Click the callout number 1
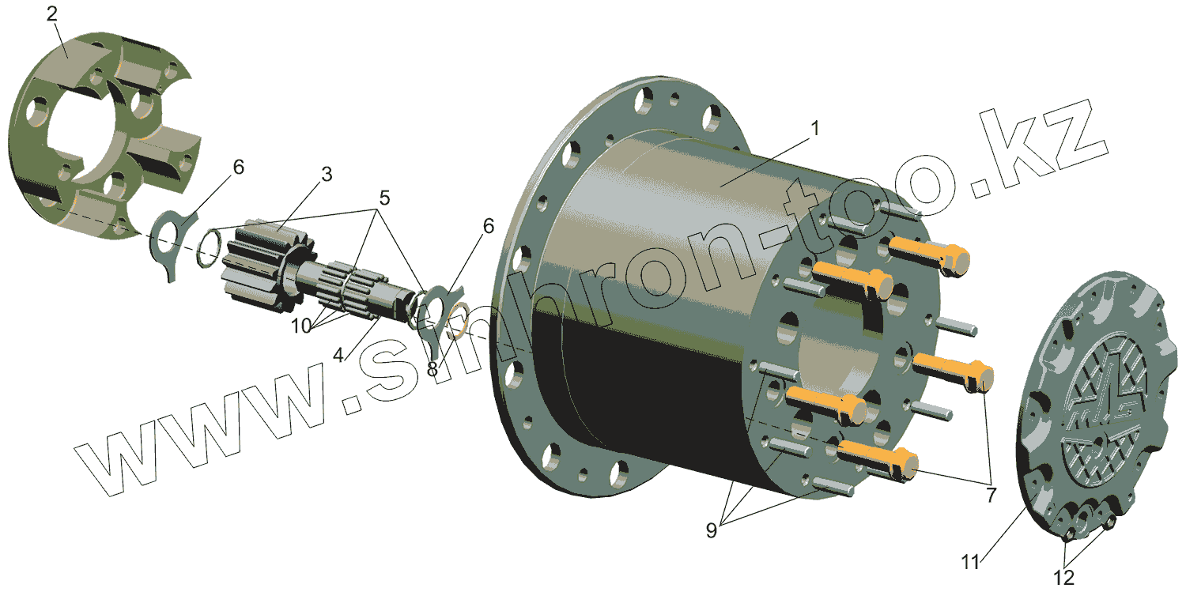[815, 129]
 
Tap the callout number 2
[52, 13]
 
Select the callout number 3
[327, 174]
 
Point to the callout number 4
[338, 355]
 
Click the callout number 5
[384, 198]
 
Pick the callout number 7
[991, 496]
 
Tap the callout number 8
[432, 369]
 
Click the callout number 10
[301, 326]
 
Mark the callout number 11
[970, 562]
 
